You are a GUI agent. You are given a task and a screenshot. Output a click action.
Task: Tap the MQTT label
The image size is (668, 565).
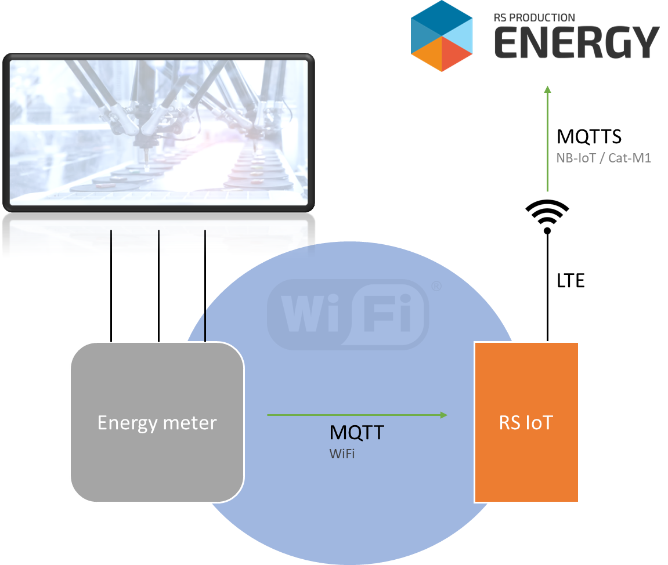click(357, 433)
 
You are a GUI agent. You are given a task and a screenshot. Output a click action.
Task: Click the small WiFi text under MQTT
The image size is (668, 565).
click(342, 454)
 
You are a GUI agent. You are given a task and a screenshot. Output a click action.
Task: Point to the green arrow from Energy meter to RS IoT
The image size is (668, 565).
click(357, 415)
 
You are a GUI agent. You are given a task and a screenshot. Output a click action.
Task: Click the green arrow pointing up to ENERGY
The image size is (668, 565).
click(547, 139)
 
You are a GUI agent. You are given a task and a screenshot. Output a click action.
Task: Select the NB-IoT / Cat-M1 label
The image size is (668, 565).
click(603, 158)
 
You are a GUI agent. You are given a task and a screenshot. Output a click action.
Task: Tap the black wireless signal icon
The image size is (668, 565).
click(547, 217)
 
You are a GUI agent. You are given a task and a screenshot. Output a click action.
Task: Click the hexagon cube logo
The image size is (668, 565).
click(442, 36)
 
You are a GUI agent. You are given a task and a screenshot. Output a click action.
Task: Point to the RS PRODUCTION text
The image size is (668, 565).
click(534, 18)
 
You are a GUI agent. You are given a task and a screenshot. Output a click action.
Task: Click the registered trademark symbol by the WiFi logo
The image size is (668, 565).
click(436, 286)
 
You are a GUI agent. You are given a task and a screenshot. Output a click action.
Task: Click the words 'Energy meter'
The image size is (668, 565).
click(157, 423)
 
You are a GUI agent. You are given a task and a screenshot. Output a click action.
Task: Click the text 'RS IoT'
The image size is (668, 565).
click(526, 422)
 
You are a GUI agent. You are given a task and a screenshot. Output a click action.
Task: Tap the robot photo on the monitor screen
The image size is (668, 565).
click(158, 132)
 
